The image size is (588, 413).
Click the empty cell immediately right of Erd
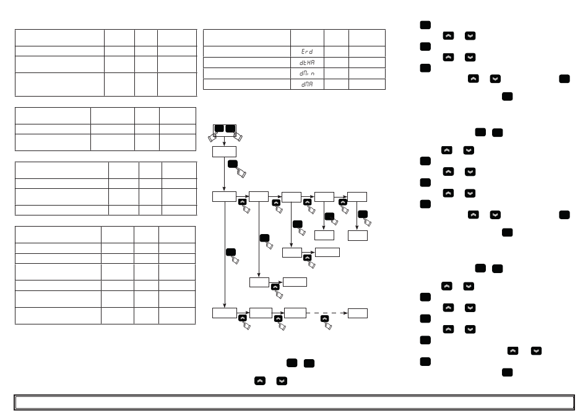coord(336,51)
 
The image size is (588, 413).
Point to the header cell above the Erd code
coord(307,37)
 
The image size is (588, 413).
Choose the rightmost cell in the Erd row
coord(366,51)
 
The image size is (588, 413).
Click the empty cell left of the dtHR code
coord(247,63)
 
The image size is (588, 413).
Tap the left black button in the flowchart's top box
coord(219,128)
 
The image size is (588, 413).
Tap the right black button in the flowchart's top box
coord(230,128)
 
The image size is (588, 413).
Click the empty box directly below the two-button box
coord(224,152)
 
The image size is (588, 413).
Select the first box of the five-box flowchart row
coord(224,197)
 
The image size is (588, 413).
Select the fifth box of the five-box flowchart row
coord(358,197)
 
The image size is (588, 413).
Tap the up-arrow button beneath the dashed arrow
coord(324,318)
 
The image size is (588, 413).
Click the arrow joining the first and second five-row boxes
coord(242,197)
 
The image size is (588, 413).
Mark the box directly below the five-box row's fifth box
coord(358,235)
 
